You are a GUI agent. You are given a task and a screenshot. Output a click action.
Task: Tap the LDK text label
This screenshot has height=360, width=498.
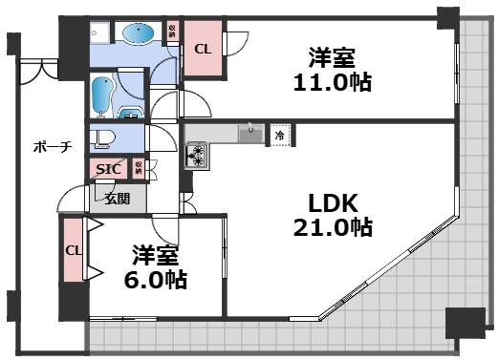coord(333,202)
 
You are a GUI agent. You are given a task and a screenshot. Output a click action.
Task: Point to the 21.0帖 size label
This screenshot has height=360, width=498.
coord(333,227)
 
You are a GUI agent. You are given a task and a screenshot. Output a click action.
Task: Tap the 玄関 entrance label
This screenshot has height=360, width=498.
coord(118,199)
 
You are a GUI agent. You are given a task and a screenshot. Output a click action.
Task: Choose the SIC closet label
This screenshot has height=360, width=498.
coord(108,169)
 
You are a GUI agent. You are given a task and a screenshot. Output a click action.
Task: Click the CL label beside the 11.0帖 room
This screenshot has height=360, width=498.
coord(203,49)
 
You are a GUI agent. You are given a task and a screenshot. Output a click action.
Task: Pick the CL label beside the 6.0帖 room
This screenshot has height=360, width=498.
coord(73,250)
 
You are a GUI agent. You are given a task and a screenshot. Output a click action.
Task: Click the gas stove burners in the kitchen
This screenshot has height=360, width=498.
coord(198,153)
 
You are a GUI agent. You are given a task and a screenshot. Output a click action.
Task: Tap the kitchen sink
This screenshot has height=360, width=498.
coord(249,135)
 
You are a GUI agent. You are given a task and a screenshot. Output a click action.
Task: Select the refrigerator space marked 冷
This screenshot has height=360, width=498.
coord(280,135)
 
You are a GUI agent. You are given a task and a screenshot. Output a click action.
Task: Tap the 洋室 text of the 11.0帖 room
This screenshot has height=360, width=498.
coord(332,55)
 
